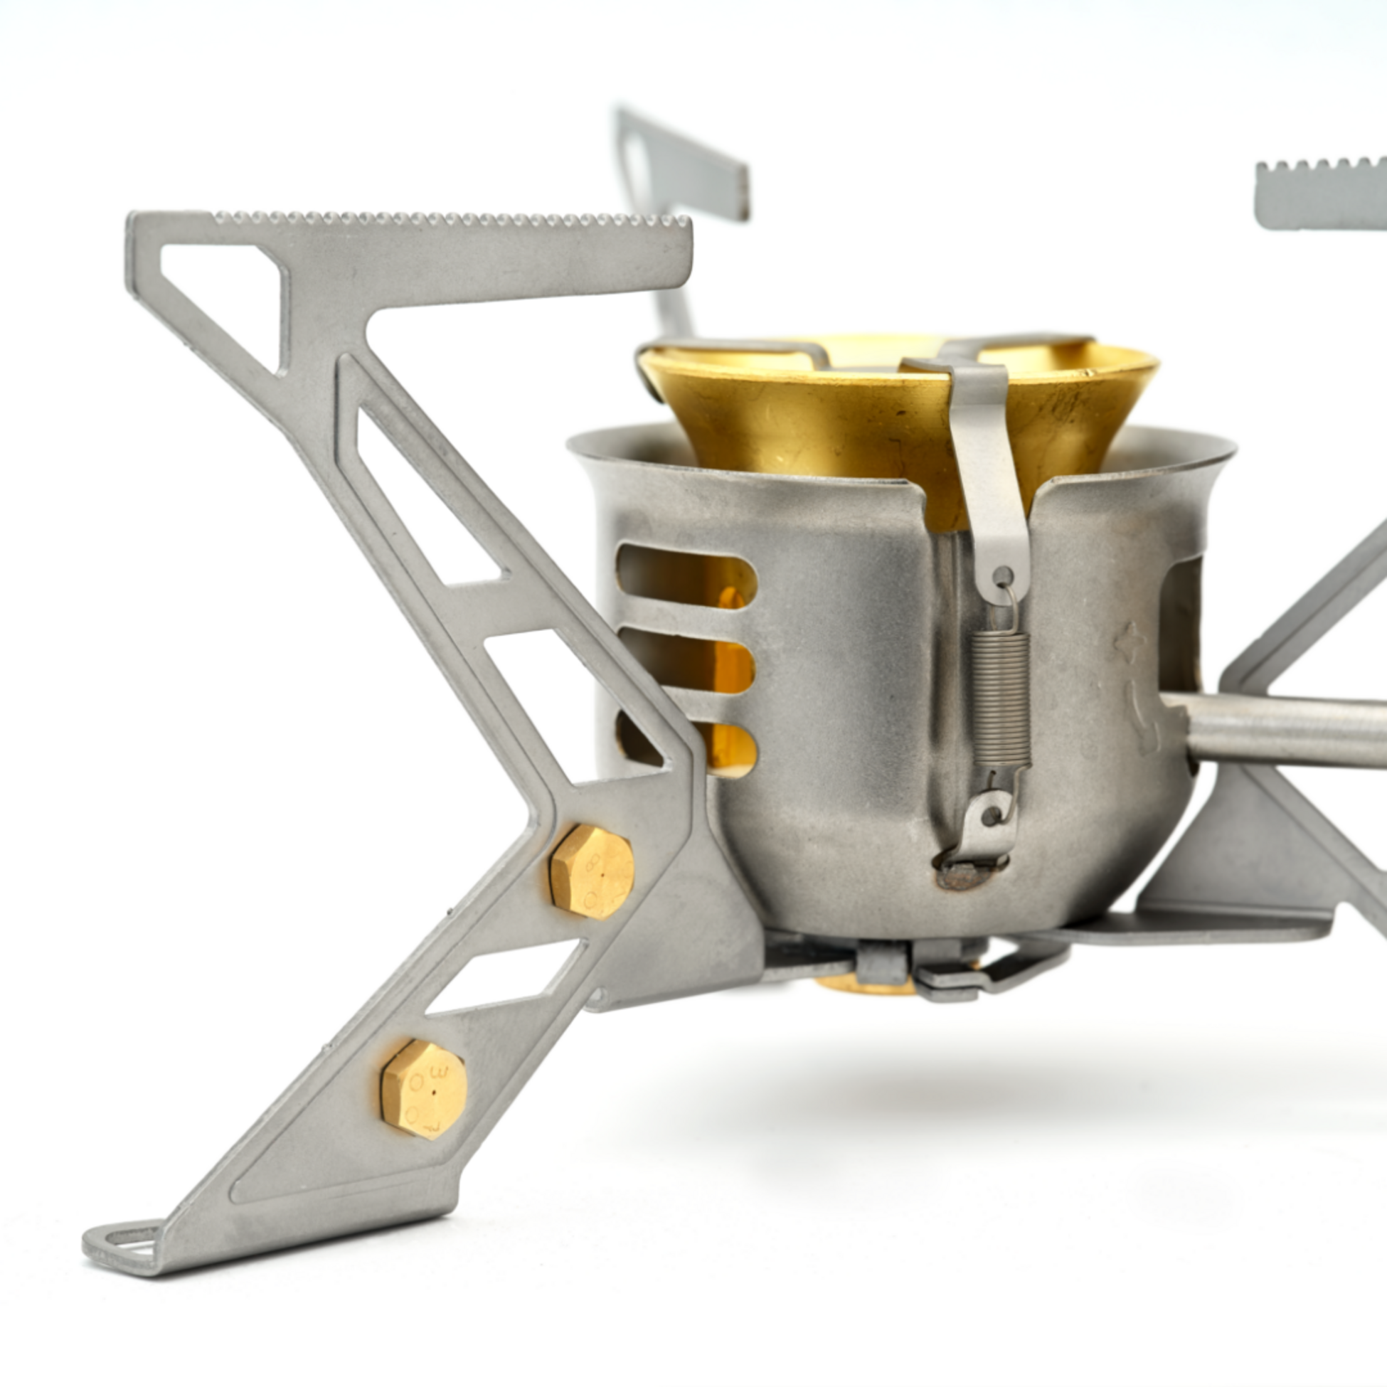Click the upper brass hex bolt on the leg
point(591,871)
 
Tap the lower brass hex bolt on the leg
point(423,1090)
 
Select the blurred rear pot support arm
point(682,165)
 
